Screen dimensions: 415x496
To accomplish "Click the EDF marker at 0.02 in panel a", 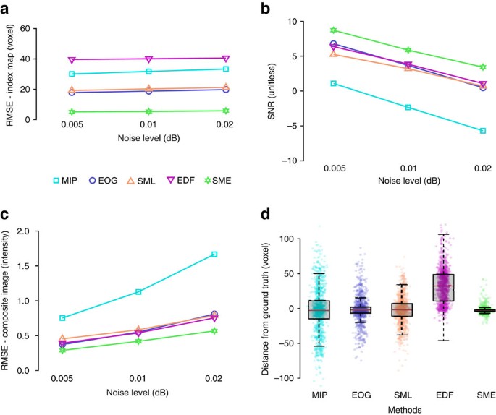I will click(226, 59).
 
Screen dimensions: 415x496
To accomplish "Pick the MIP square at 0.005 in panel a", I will click(72, 74).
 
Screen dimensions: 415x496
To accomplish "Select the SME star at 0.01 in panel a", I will click(148, 111).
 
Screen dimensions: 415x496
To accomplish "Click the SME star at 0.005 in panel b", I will click(333, 30).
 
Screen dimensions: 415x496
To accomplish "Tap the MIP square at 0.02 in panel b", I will click(483, 131).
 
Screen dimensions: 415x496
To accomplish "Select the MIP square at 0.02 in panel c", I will click(214, 254).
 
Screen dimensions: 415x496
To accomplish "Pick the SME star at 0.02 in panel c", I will click(214, 331).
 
